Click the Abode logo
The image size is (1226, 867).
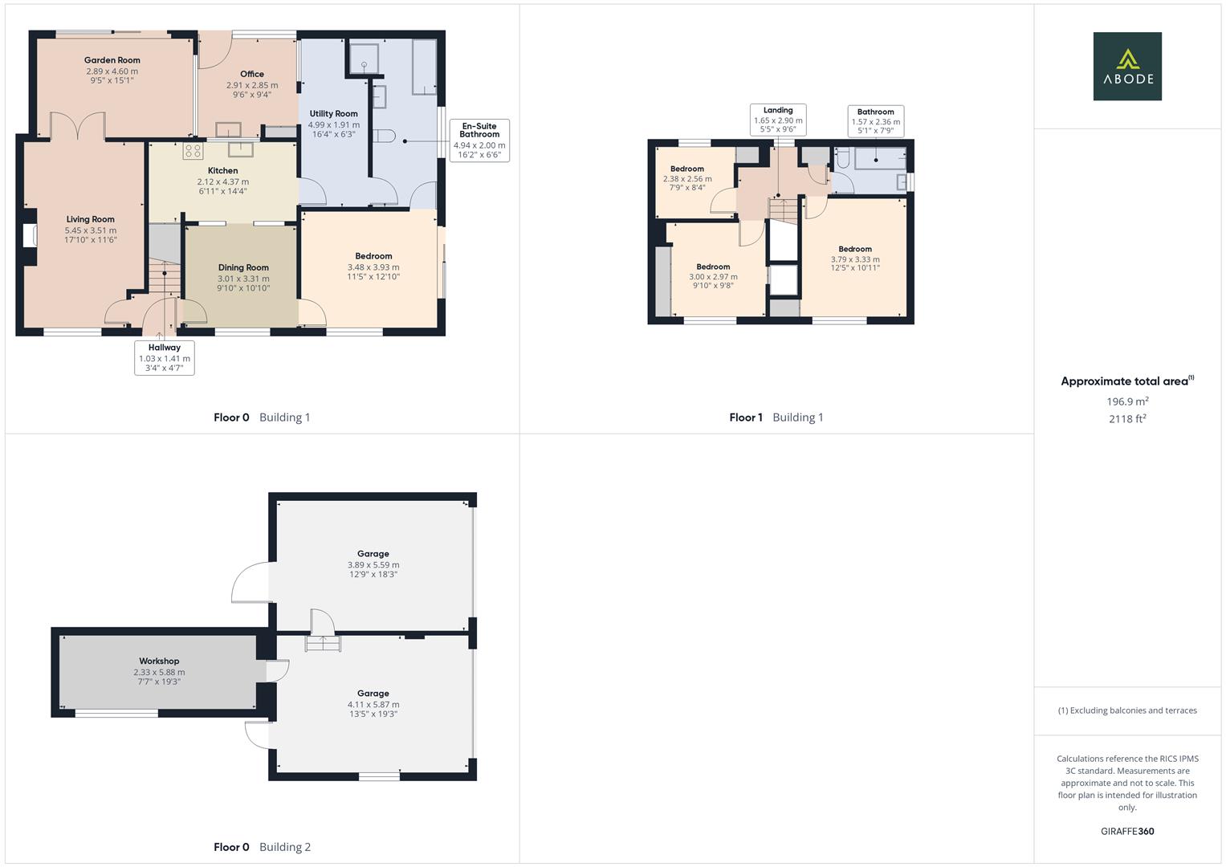[x=1127, y=66]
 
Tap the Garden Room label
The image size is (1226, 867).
[x=112, y=60]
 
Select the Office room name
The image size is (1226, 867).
[x=252, y=74]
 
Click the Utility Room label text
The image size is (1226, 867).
[x=333, y=113]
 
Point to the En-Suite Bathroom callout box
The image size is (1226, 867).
[x=479, y=140]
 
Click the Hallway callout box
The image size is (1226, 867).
[x=165, y=357]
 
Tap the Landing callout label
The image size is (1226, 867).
[x=778, y=120]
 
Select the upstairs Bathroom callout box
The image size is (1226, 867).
[x=875, y=121]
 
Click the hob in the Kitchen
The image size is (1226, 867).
[x=193, y=151]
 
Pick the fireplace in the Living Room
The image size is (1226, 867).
[x=30, y=236]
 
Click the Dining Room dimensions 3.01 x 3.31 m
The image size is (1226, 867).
[x=243, y=279]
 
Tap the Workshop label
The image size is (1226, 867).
[x=159, y=661]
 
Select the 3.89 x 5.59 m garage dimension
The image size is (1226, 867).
[x=373, y=565]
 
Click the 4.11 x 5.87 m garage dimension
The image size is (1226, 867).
[x=373, y=705]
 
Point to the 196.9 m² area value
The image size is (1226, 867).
[x=1127, y=401]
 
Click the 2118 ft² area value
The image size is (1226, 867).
[x=1127, y=419]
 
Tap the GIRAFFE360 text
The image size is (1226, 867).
[x=1127, y=832]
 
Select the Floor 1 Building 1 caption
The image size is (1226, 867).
[x=776, y=417]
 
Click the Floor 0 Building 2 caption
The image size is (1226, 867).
[x=263, y=847]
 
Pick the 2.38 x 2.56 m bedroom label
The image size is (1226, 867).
[x=687, y=178]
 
